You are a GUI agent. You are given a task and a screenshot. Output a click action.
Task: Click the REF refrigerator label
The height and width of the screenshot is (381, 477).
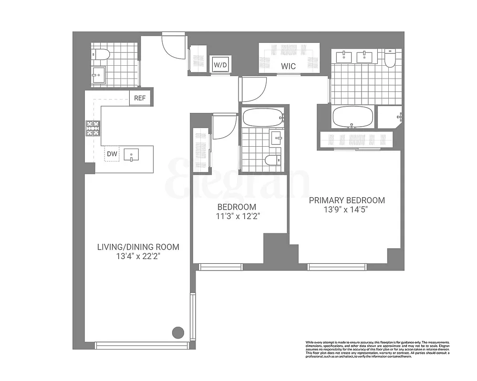click(139, 99)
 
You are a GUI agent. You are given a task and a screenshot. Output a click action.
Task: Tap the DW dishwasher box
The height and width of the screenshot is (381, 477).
click(112, 154)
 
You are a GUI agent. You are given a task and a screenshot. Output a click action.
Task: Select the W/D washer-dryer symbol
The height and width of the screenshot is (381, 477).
click(220, 64)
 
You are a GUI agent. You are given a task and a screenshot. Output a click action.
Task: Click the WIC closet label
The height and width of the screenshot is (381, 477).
click(288, 67)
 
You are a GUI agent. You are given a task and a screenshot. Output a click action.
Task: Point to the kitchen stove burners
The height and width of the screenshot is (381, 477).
click(93, 128)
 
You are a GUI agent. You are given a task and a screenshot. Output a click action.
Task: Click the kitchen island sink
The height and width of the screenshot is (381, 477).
click(131, 154)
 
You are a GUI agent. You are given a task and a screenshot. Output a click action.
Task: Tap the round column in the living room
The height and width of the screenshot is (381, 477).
click(178, 332)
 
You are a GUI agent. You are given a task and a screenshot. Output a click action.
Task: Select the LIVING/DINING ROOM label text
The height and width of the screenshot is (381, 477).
click(138, 247)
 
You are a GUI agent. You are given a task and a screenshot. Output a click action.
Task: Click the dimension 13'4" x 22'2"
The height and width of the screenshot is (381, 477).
click(138, 257)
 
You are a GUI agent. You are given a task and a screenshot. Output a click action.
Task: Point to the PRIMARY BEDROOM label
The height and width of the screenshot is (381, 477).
click(346, 200)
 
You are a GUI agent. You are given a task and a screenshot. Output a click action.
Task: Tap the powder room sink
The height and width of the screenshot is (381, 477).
click(99, 75)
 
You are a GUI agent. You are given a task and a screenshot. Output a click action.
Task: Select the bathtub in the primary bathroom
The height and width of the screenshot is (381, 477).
click(351, 117)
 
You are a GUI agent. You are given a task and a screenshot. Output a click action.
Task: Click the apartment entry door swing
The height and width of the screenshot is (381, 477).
click(173, 46)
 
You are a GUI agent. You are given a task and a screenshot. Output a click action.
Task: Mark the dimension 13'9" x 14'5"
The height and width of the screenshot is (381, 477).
click(346, 210)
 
